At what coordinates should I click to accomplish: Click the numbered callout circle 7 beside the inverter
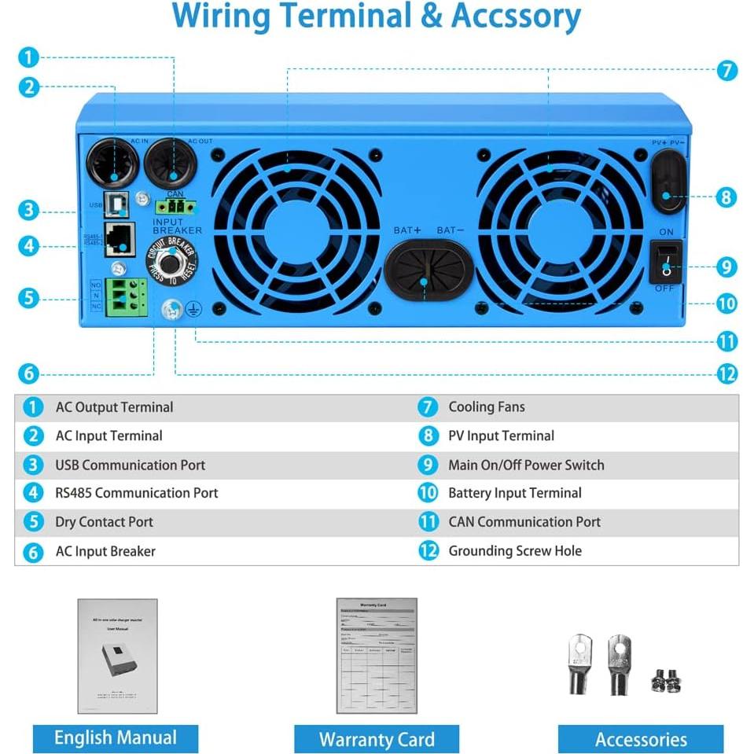click(727, 70)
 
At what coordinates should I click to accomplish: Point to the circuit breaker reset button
click(170, 261)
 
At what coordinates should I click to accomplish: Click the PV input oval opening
click(667, 182)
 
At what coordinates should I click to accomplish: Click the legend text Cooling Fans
click(486, 407)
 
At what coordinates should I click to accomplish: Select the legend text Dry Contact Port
click(104, 522)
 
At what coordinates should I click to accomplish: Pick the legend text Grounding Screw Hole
click(515, 551)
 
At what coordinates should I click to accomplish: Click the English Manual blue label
click(115, 738)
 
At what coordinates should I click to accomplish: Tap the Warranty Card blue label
click(377, 739)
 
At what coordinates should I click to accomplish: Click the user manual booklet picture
click(117, 656)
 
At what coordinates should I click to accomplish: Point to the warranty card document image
click(377, 655)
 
